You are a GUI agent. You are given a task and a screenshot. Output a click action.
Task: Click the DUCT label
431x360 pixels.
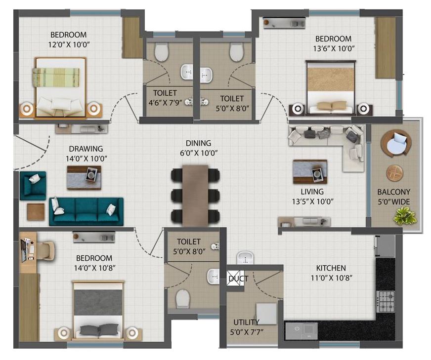pyautogui.click(x=238, y=279)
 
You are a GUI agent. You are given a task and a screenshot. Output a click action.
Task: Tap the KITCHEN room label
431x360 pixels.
pyautogui.click(x=331, y=268)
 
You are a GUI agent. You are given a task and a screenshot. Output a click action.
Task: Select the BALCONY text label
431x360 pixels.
pyautogui.click(x=393, y=192)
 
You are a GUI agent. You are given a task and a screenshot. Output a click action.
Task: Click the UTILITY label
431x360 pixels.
pyautogui.click(x=246, y=322)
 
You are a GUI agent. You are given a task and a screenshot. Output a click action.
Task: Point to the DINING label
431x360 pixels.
pyautogui.click(x=199, y=143)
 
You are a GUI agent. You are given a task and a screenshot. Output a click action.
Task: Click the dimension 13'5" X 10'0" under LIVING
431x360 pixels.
pyautogui.click(x=312, y=201)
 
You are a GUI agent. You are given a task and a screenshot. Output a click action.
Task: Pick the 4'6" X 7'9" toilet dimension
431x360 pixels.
pyautogui.click(x=166, y=103)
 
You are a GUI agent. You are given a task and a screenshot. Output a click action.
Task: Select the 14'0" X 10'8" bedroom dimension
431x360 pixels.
pyautogui.click(x=94, y=268)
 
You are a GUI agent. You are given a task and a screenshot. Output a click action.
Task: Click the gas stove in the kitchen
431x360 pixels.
pyautogui.click(x=386, y=302)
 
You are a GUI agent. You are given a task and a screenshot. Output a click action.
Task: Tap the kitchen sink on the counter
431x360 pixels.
pyautogui.click(x=302, y=331)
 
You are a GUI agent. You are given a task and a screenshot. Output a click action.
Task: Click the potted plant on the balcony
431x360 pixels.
pyautogui.click(x=405, y=215)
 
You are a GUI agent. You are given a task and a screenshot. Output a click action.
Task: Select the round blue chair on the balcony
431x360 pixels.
pyautogui.click(x=396, y=143)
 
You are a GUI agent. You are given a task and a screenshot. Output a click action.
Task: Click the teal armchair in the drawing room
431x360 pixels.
pyautogui.click(x=33, y=186)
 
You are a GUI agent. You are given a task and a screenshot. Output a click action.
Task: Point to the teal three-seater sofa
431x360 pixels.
pyautogui.click(x=86, y=211)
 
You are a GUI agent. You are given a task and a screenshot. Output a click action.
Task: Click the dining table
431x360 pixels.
pyautogui.click(x=195, y=196)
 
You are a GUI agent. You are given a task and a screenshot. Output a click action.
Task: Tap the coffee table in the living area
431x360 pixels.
pyautogui.click(x=310, y=172)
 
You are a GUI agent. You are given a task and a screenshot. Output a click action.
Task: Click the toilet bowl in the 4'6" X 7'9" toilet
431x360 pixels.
pyautogui.click(x=161, y=52)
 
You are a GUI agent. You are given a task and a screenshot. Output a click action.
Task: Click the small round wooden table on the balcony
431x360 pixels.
pyautogui.click(x=395, y=173)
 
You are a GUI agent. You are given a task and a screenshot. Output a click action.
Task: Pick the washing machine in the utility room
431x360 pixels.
pyautogui.click(x=266, y=314)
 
